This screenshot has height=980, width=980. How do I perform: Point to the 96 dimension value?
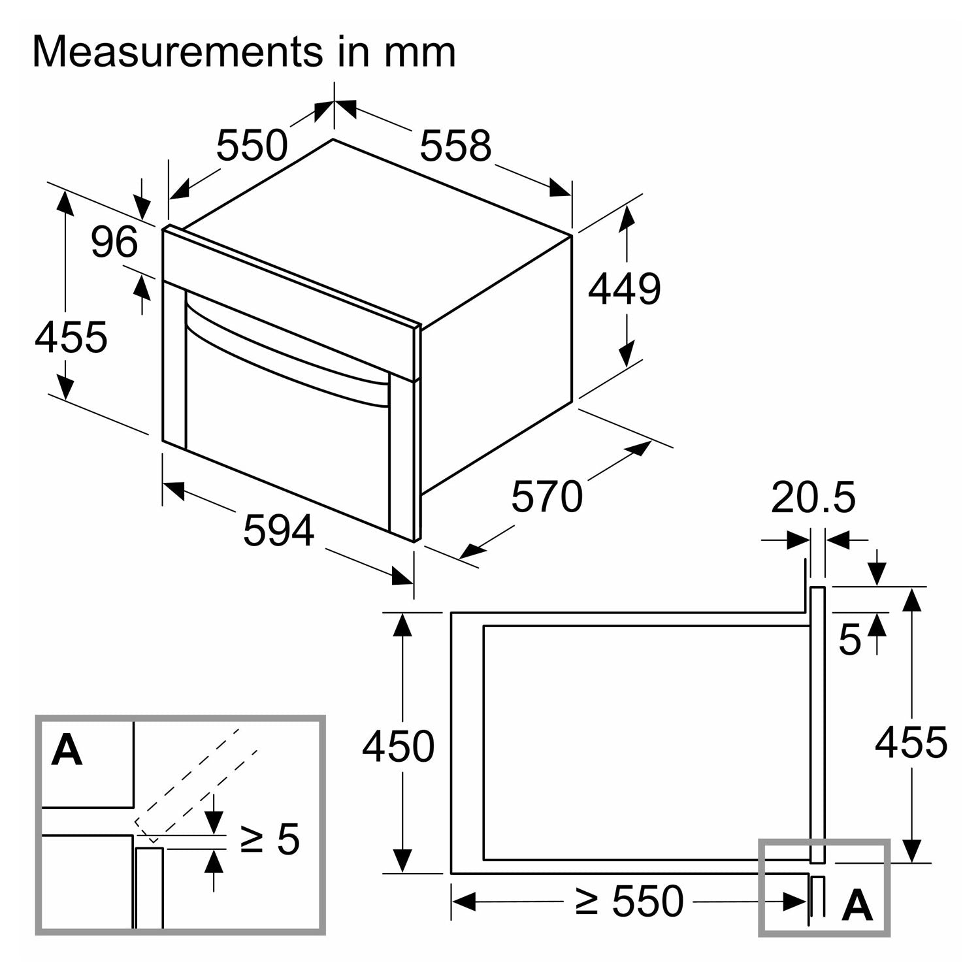pyautogui.click(x=114, y=241)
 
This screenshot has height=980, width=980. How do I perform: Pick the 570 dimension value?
pyautogui.click(x=546, y=496)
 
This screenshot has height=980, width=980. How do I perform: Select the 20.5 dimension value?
pyautogui.click(x=813, y=497)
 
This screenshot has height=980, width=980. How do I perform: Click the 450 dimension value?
pyautogui.click(x=398, y=746)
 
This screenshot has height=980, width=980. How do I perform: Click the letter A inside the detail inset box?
pyautogui.click(x=67, y=750)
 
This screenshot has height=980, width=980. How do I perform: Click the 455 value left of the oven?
pyautogui.click(x=71, y=337)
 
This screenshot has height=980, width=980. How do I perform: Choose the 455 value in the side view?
pyautogui.click(x=911, y=742)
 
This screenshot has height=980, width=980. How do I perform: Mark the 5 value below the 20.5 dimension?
pyautogui.click(x=849, y=639)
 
